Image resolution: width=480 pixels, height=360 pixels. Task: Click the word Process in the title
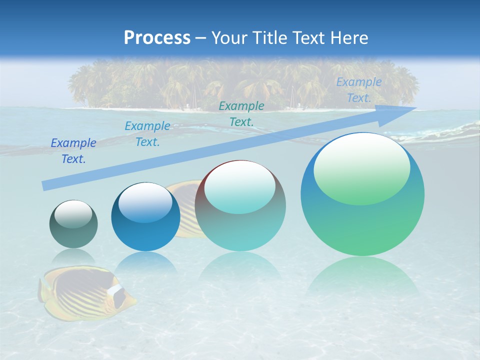(157, 37)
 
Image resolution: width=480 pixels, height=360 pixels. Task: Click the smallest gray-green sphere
(73, 224)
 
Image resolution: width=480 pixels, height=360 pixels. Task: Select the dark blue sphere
(145, 217)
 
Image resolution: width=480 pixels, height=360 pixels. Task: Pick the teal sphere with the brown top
(240, 206)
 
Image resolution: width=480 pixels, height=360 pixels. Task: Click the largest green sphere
(362, 194)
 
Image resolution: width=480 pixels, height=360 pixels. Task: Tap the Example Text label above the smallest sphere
(73, 151)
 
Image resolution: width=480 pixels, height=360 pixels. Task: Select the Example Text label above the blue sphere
(147, 134)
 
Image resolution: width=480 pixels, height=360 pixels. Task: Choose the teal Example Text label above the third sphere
(241, 113)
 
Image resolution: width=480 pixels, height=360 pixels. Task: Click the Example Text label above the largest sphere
(359, 90)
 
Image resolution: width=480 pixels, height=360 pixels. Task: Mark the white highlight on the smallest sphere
(73, 213)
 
